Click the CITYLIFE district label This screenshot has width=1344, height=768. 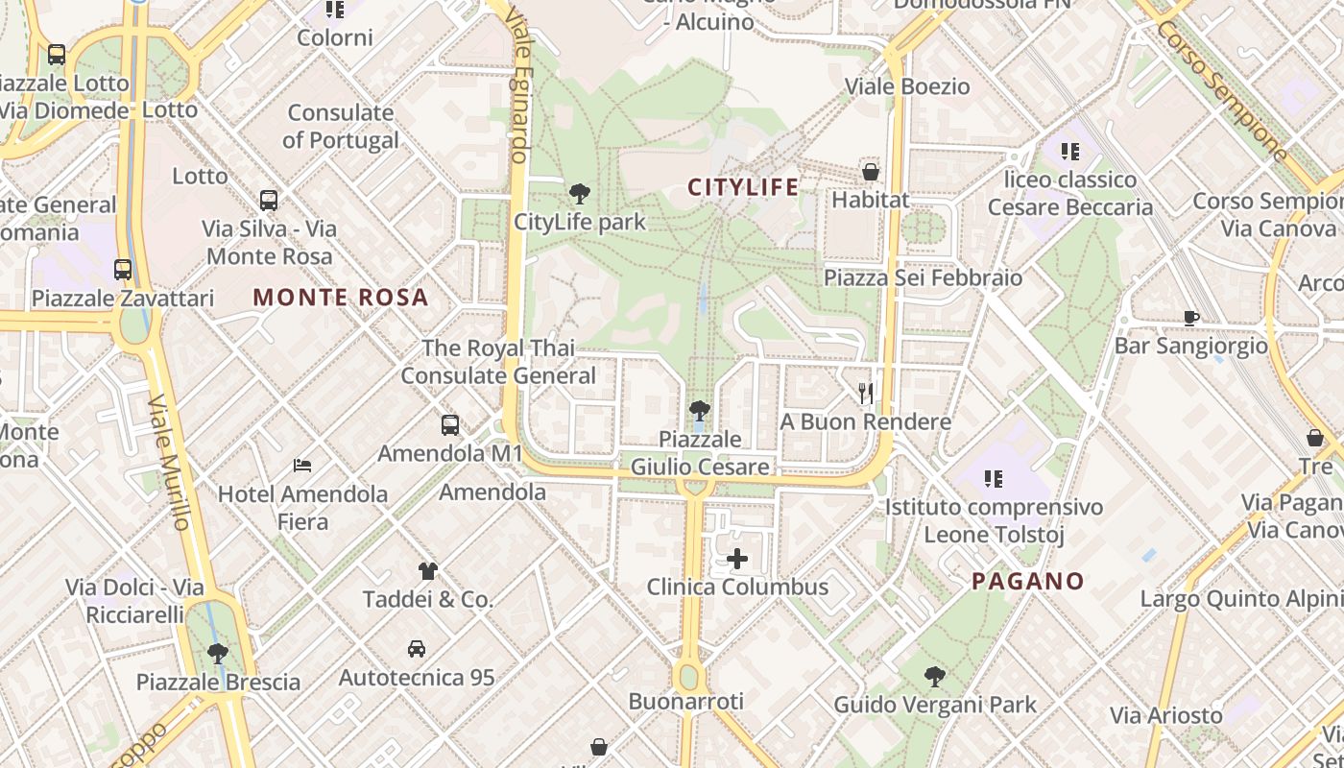pos(743,187)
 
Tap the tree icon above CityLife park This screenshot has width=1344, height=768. pos(579,194)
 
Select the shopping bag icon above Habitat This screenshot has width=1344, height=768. pos(870,172)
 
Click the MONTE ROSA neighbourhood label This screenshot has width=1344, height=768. pos(341,298)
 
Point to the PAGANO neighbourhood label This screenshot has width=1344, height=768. pos(1028,581)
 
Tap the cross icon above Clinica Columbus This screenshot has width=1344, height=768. pos(737,559)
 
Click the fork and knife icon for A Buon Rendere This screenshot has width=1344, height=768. pos(866,393)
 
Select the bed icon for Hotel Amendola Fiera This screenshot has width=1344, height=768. pos(302,466)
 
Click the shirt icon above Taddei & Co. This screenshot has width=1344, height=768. pos(428,571)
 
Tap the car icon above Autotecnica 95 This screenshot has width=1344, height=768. pos(417,649)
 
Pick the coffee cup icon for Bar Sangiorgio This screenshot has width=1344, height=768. pos(1191,318)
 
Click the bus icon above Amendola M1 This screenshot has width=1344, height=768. pos(449,424)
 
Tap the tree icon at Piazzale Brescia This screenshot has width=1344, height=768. pos(218,654)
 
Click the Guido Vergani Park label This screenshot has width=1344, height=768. pos(935,705)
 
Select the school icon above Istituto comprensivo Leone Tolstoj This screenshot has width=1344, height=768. pos(994,478)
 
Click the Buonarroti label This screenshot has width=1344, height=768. pos(686,702)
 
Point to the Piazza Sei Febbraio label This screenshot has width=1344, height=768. pos(924,278)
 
